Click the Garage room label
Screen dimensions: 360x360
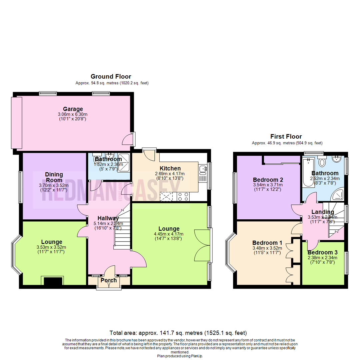click(73, 109)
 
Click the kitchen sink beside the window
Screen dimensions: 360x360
click(202, 170)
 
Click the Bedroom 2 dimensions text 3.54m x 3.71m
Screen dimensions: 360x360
click(268, 185)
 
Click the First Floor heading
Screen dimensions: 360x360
click(286, 136)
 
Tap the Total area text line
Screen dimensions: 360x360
click(178, 333)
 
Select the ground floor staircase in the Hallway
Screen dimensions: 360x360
click(122, 230)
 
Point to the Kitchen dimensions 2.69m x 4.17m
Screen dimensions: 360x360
click(170, 174)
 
